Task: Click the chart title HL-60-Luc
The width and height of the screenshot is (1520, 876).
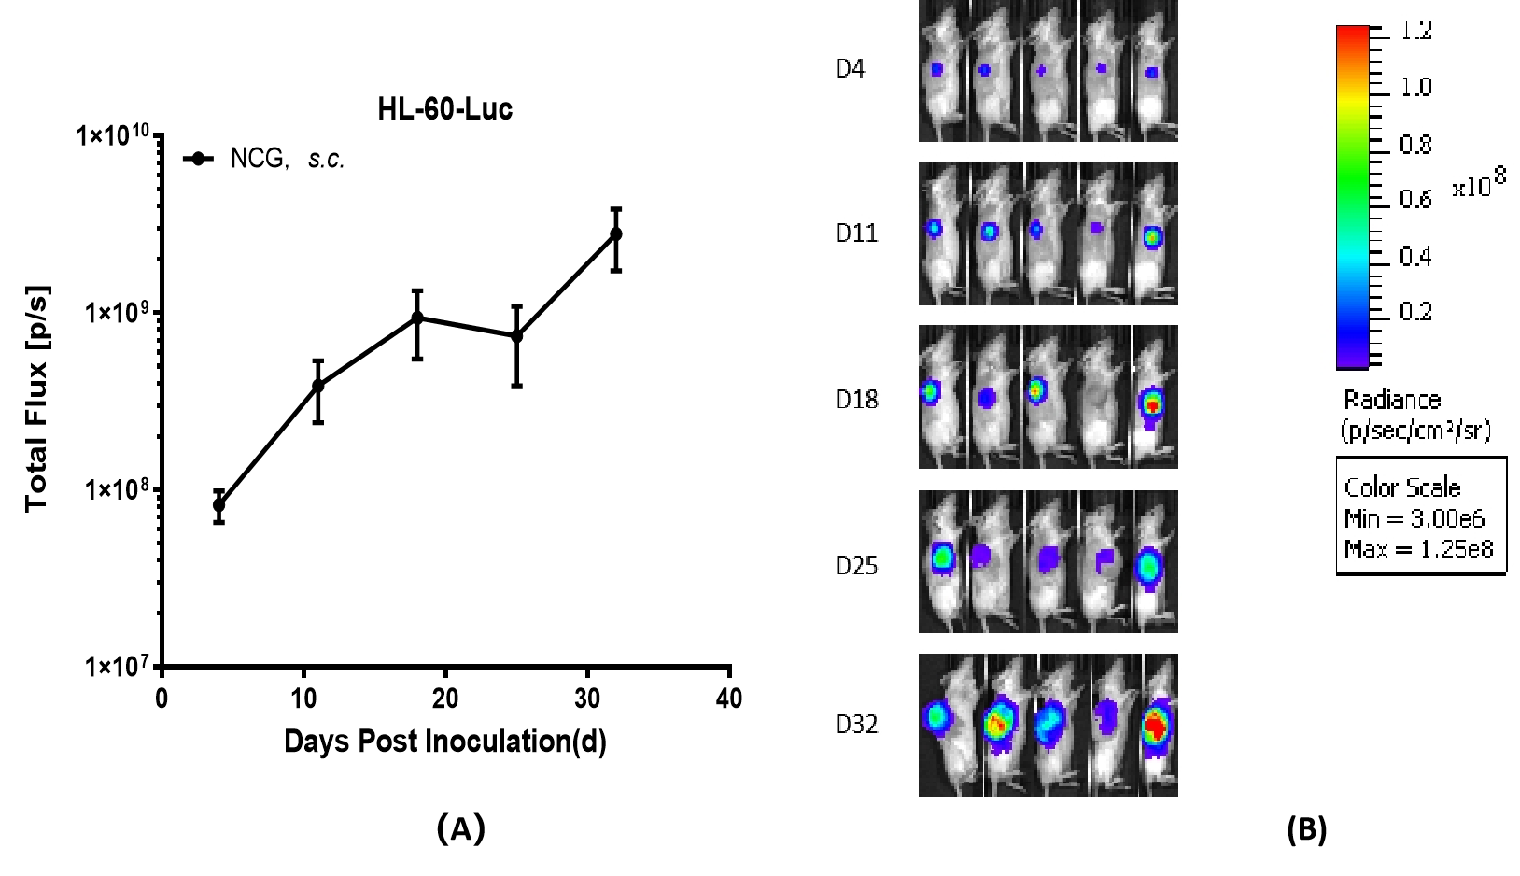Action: point(444,109)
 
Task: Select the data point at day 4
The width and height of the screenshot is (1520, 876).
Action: point(219,505)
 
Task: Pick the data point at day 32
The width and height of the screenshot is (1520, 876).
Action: point(615,234)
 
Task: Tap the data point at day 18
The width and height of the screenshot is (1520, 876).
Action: point(417,318)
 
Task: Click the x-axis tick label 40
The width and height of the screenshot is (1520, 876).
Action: point(729,699)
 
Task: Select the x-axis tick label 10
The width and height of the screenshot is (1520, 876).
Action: point(303,699)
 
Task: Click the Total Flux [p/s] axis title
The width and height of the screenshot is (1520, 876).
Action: point(36,399)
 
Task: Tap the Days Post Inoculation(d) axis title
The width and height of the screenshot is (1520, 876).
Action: point(444,742)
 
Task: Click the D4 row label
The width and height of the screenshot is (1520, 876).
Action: point(850,69)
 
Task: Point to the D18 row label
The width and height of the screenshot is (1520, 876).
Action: point(856,400)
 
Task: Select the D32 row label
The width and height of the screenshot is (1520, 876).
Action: point(856,725)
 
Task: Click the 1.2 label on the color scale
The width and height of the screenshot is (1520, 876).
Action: point(1415,32)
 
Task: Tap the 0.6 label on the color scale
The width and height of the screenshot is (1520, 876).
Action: point(1415,199)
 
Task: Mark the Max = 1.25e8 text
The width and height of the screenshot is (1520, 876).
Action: point(1418,549)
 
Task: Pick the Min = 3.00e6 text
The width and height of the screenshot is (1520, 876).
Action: point(1414,518)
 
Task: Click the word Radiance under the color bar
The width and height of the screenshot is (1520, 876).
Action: point(1392,400)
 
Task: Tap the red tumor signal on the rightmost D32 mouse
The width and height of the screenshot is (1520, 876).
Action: point(1156,724)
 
